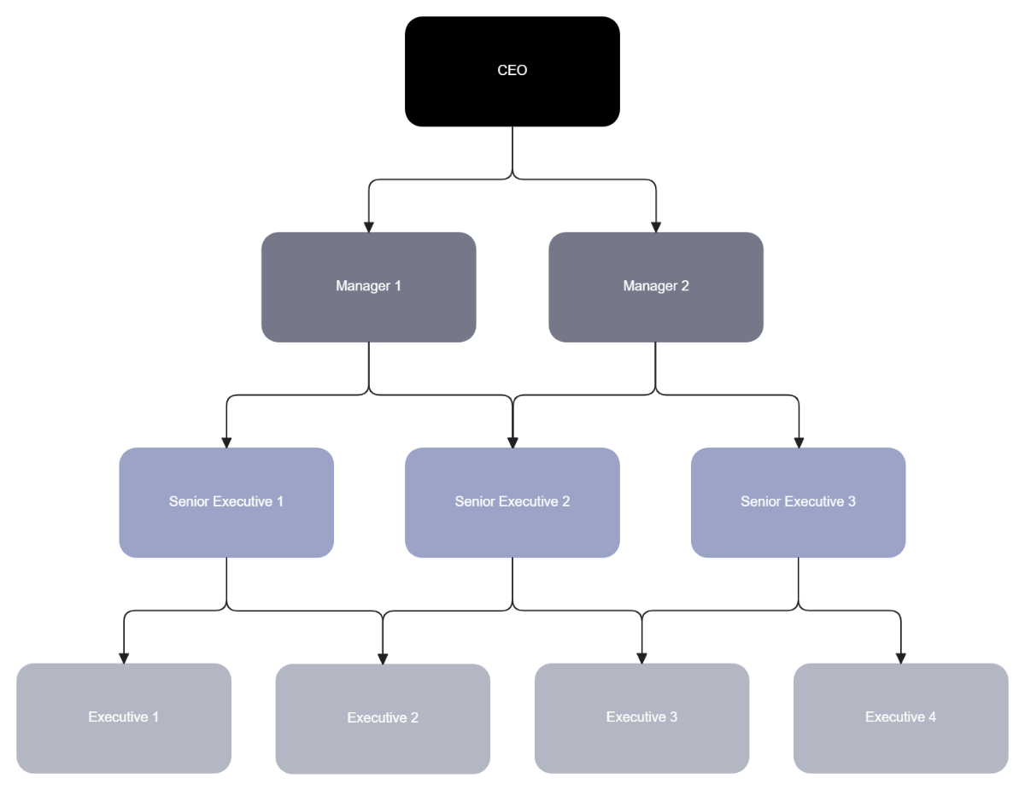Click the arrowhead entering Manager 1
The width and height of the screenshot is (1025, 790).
click(x=368, y=226)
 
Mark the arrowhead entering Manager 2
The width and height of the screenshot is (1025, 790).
click(x=655, y=226)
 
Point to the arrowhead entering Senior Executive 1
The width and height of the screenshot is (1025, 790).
click(x=226, y=442)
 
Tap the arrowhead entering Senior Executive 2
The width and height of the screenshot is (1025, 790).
click(x=512, y=442)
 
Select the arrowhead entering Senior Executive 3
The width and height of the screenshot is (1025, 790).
click(x=798, y=442)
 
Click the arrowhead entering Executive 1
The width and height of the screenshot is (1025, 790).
click(x=124, y=658)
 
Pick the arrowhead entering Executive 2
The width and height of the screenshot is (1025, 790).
click(x=383, y=658)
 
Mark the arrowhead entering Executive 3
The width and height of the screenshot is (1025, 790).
click(x=641, y=658)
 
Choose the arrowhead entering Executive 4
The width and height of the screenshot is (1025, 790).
click(x=900, y=658)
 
